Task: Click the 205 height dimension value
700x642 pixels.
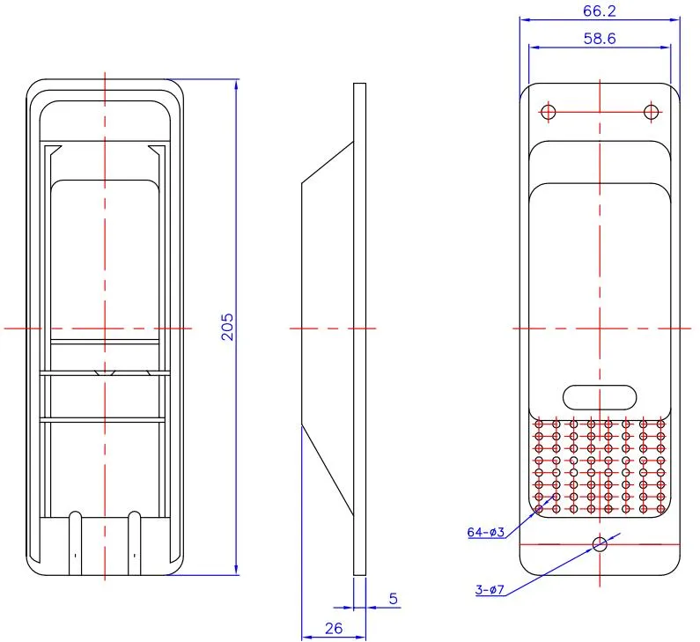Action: (227, 327)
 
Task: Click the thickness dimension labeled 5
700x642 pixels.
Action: (393, 598)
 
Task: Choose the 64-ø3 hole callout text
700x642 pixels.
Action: (485, 532)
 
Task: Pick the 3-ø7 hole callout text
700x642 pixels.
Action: (489, 590)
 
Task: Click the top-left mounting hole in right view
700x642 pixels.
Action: (548, 112)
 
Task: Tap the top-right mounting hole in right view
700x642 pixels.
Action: (651, 112)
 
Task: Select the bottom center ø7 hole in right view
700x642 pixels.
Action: (600, 544)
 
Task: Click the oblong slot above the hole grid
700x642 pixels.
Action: (600, 396)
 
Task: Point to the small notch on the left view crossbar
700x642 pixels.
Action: (105, 372)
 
